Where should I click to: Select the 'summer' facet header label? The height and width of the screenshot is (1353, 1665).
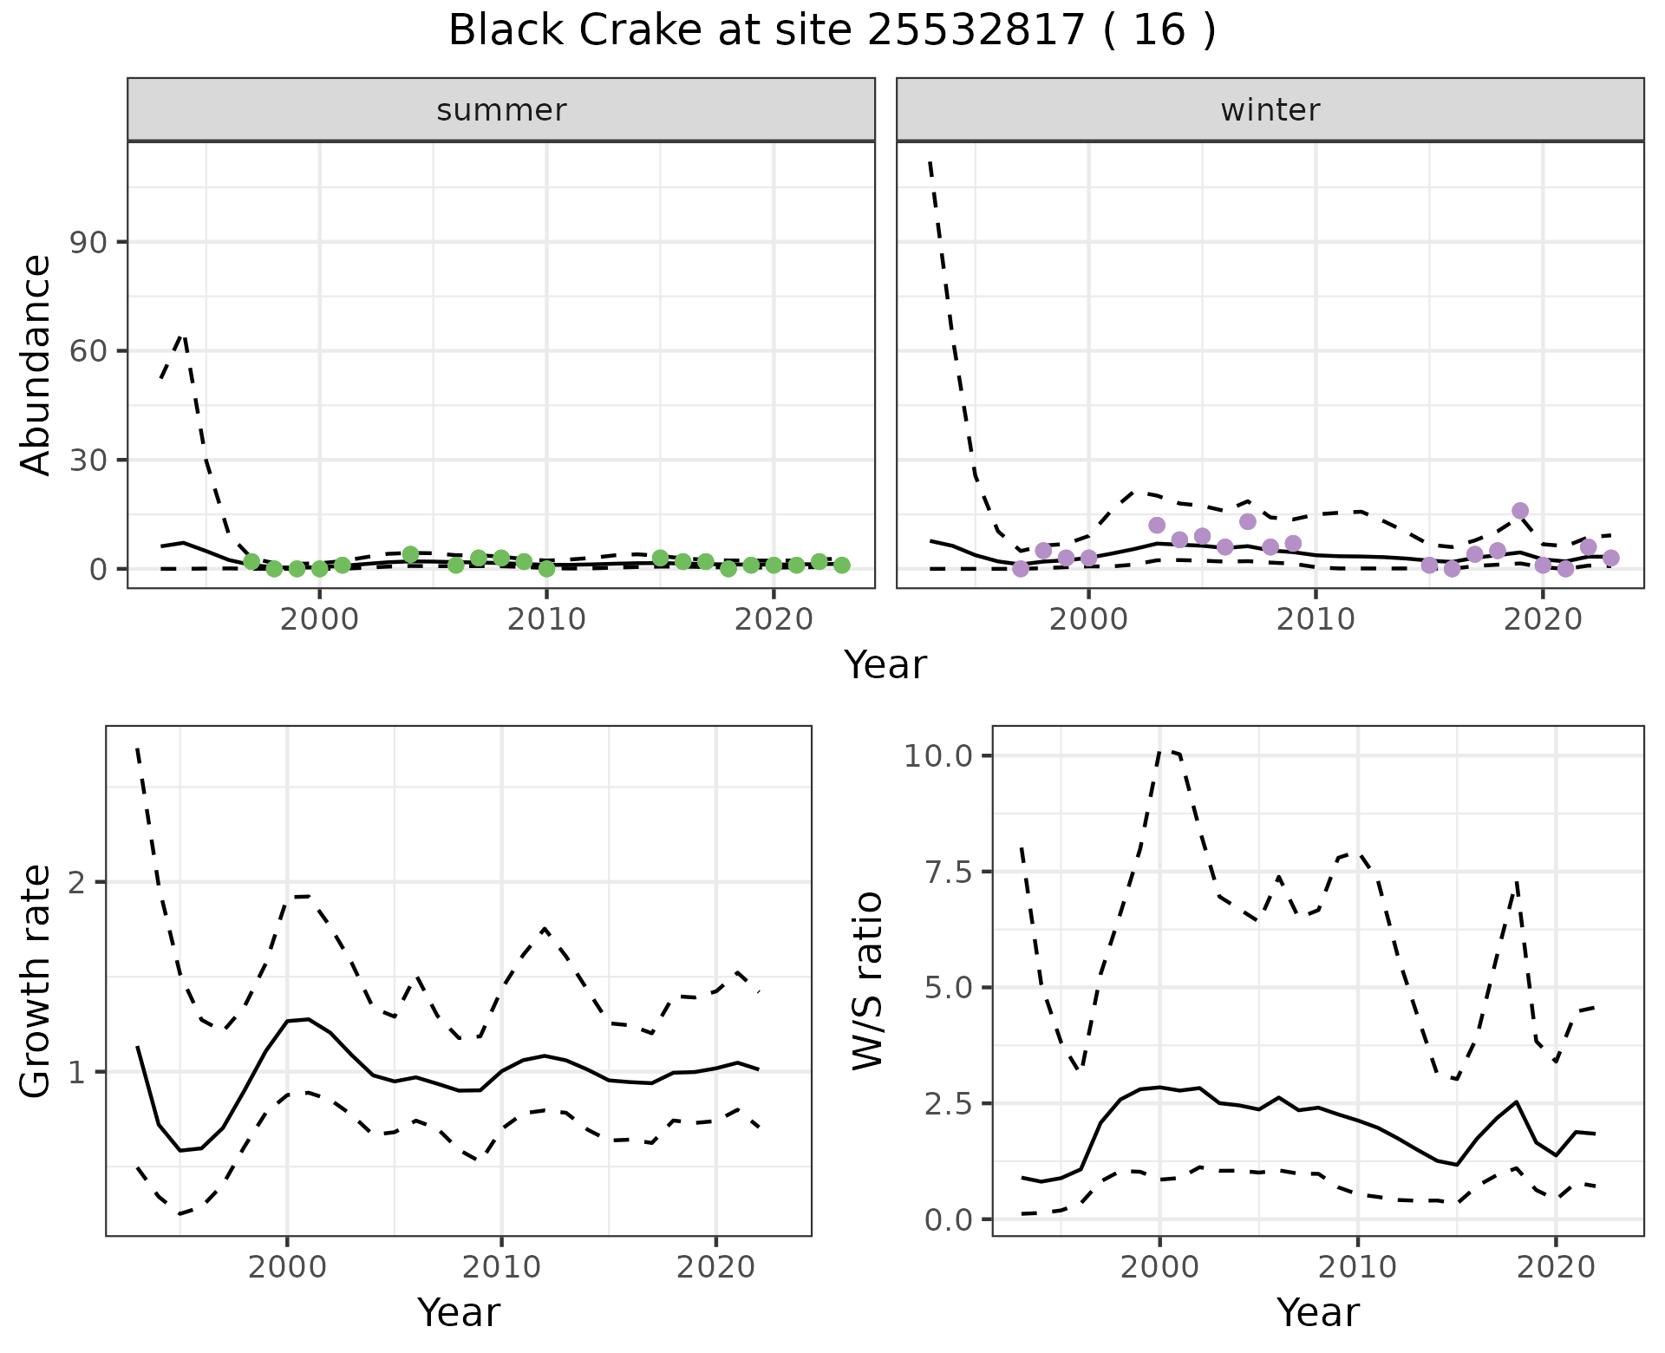[x=501, y=110]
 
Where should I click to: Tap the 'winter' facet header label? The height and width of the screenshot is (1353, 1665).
[x=1270, y=110]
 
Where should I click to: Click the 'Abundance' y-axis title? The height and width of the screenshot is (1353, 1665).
[x=36, y=365]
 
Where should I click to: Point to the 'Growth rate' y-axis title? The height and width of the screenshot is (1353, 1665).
[x=36, y=981]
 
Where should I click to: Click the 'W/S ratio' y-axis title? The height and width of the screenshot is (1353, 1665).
[x=868, y=981]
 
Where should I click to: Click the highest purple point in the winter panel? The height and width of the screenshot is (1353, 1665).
[x=1519, y=511]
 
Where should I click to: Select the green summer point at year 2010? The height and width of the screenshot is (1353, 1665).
[x=546, y=569]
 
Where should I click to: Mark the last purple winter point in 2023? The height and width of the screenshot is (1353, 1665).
[x=1610, y=558]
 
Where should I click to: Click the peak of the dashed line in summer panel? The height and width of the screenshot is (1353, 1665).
[x=182, y=334]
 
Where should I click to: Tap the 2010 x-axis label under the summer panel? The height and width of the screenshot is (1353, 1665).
[x=546, y=619]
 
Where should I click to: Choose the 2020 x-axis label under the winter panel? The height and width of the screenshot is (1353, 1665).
[x=1543, y=619]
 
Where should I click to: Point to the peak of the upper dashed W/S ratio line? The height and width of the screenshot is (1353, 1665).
[x=1164, y=750]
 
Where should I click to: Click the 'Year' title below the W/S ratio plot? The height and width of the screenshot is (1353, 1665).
[x=1317, y=1313]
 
